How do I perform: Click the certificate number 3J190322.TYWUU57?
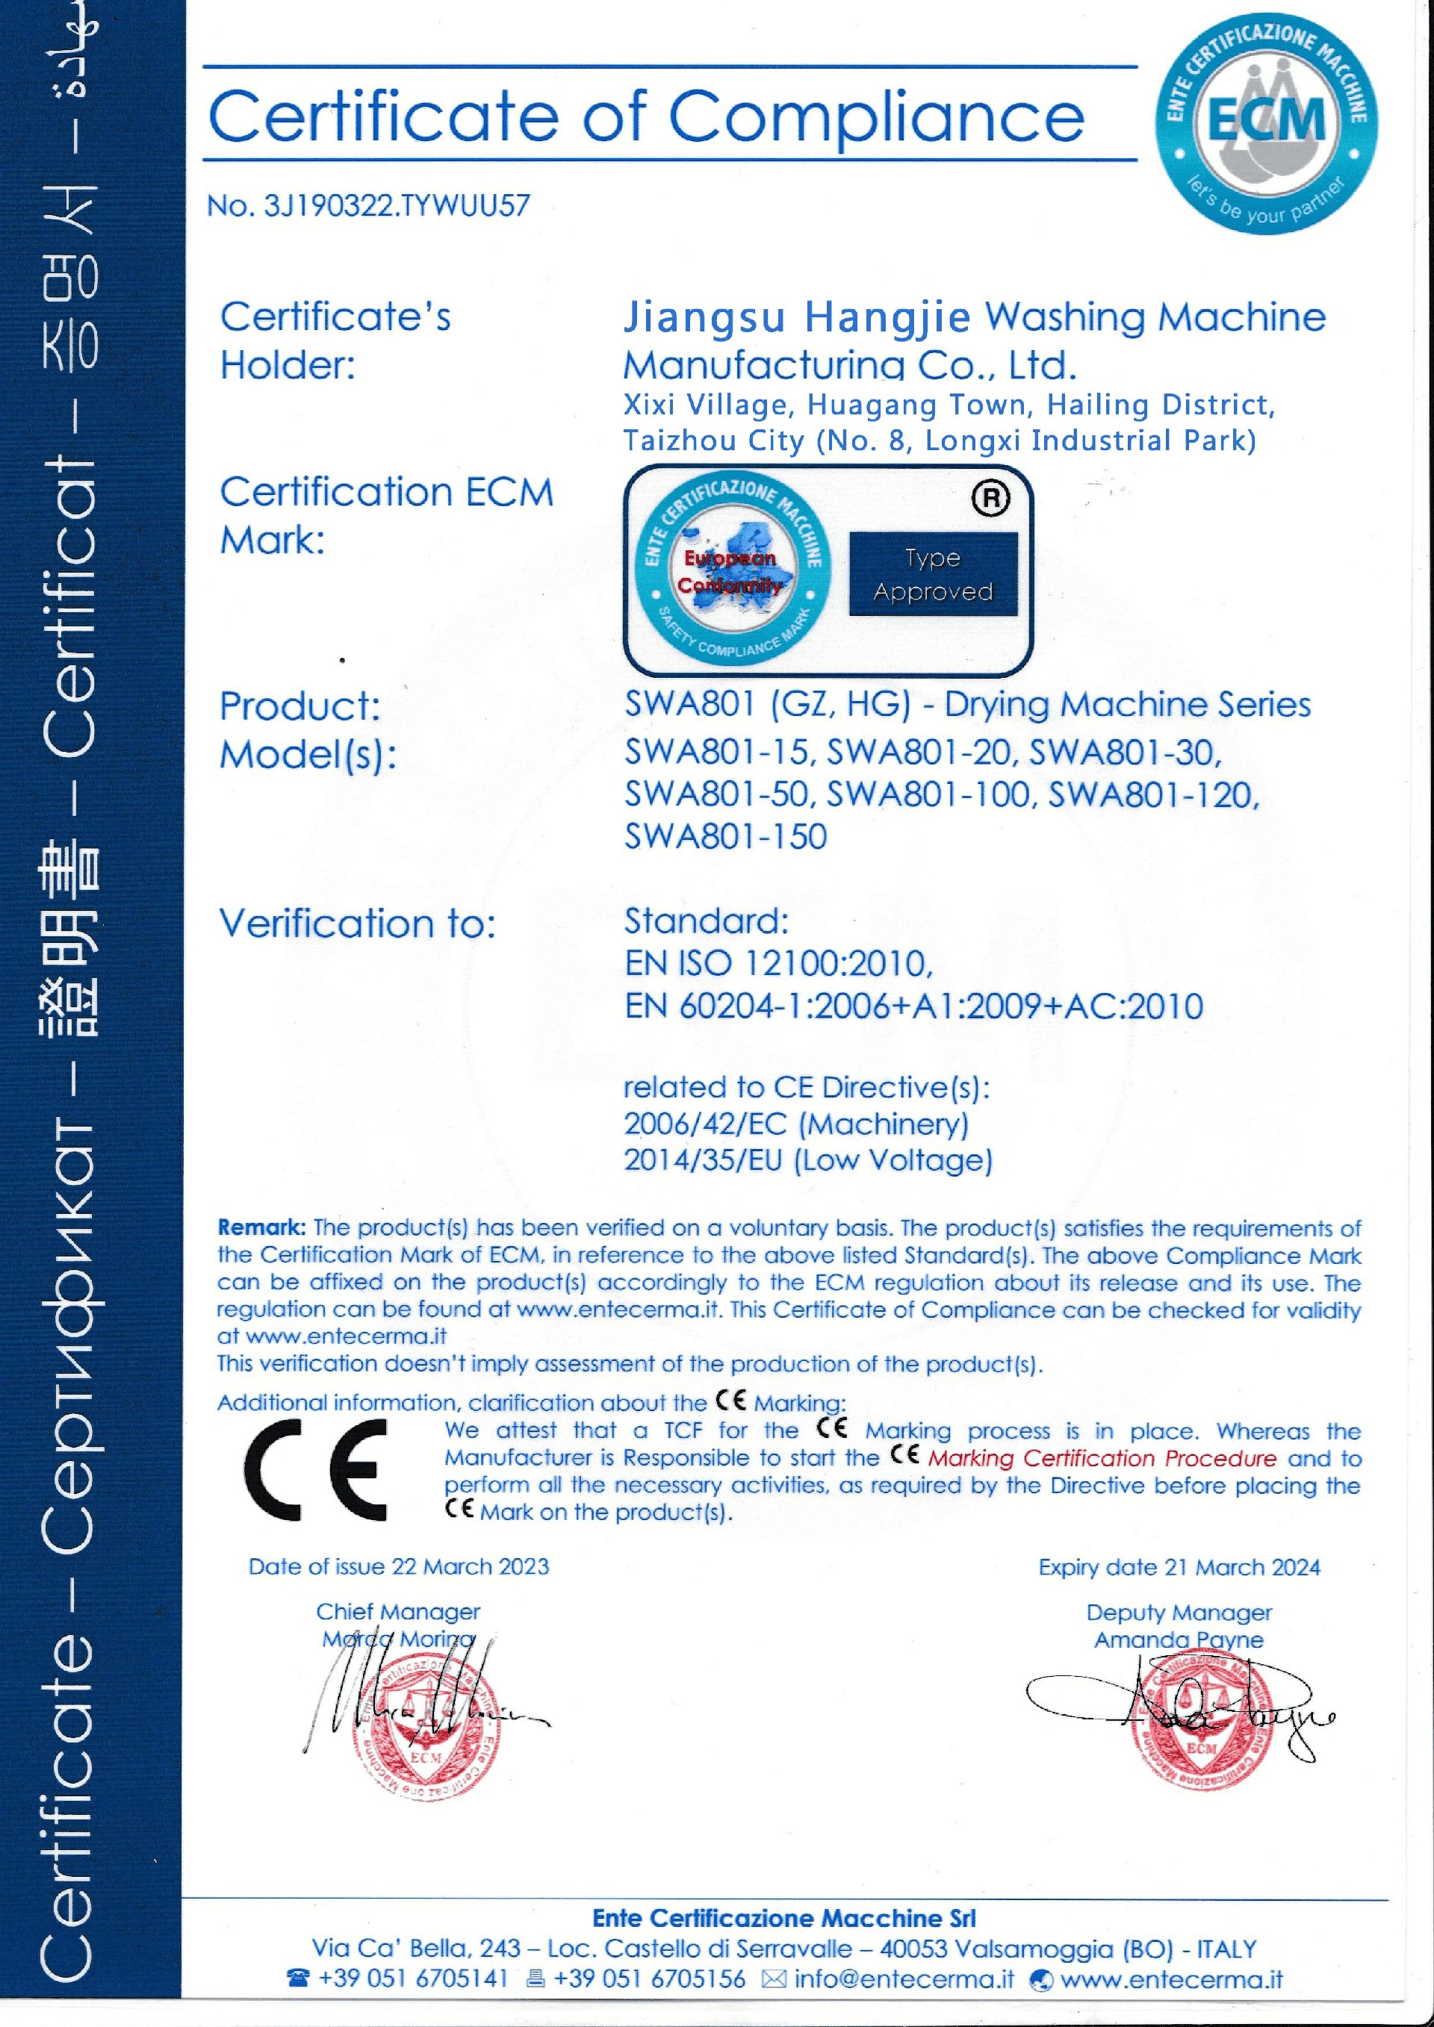(397, 206)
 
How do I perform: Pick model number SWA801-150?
(725, 836)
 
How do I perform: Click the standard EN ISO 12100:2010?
(778, 963)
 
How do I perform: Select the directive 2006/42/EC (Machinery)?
(795, 1124)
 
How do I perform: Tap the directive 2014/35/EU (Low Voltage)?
(808, 1160)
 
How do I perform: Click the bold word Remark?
(261, 1227)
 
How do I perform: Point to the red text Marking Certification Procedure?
(1102, 1458)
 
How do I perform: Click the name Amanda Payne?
(1178, 1640)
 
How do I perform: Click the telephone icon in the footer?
(299, 1978)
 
